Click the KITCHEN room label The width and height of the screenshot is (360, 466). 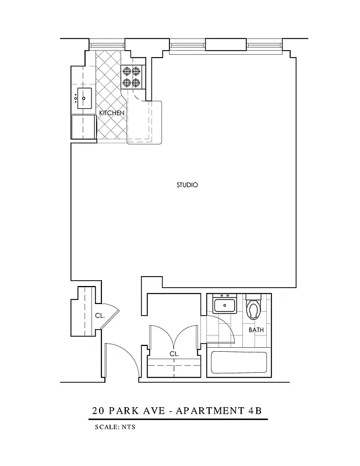[x=111, y=112]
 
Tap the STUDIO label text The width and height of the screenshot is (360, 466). [x=188, y=185]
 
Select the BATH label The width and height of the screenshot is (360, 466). [x=256, y=330]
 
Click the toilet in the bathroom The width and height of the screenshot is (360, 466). [x=253, y=308]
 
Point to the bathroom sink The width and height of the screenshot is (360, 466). [x=224, y=304]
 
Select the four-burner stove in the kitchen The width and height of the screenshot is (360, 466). [x=132, y=77]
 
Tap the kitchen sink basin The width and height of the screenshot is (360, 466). [x=84, y=99]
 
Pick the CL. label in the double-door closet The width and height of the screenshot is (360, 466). [x=174, y=354]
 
